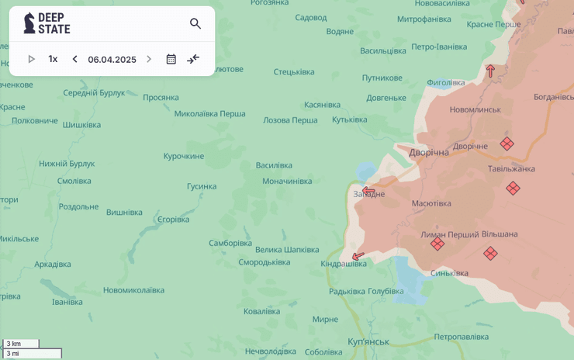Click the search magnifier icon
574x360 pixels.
click(195, 24)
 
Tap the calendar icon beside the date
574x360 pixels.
click(171, 59)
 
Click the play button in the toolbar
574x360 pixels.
click(32, 59)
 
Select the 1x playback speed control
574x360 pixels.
click(53, 59)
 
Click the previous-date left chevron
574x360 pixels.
click(74, 59)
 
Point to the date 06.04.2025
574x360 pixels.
click(112, 60)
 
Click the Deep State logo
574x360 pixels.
click(47, 23)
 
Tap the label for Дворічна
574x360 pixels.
click(429, 153)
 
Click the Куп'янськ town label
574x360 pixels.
click(368, 341)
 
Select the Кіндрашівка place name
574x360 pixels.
click(344, 264)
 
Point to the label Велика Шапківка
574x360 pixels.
click(287, 250)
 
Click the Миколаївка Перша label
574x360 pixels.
click(209, 113)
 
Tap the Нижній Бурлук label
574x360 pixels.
click(67, 164)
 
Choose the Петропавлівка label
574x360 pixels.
click(461, 337)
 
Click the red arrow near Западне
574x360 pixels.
click(368, 191)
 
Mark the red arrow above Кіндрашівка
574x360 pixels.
click(358, 256)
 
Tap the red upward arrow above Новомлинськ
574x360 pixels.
click(490, 71)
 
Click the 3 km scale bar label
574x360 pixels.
click(13, 344)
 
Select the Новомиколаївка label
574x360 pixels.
click(133, 290)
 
